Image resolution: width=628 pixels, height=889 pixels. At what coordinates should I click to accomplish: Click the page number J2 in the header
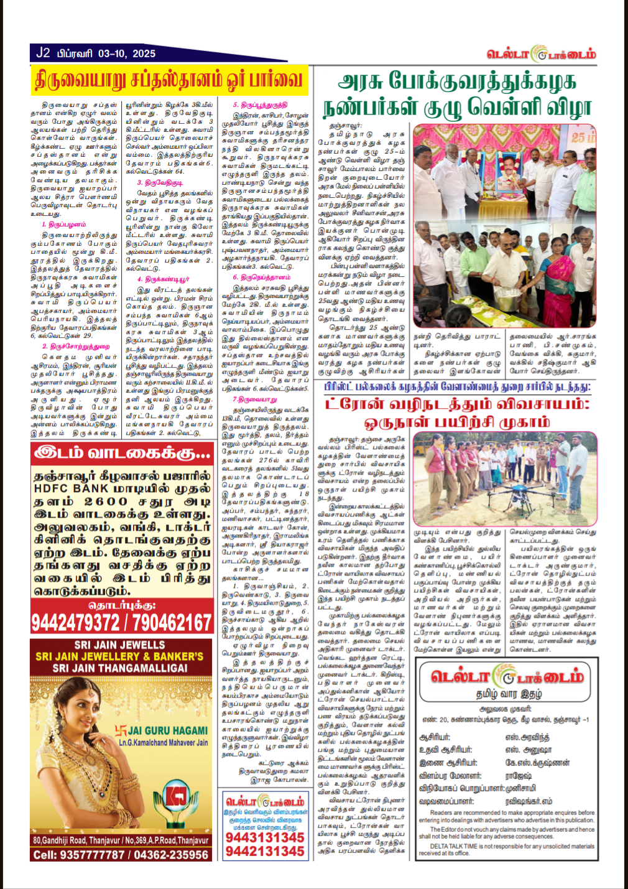(42, 53)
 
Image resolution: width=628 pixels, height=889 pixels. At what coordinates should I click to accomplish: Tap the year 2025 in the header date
(144, 54)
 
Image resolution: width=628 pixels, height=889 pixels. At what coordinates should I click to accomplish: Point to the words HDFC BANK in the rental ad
(68, 488)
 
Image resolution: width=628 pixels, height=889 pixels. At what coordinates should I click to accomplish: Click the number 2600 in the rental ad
(106, 501)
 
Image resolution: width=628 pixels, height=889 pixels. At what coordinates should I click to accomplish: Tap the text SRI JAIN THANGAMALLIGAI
(120, 668)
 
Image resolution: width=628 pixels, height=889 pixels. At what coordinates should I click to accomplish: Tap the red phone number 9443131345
(265, 837)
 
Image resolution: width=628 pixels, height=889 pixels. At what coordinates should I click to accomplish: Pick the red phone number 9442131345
(265, 852)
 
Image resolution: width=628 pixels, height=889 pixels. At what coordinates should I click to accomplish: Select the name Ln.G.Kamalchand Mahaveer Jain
(164, 743)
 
